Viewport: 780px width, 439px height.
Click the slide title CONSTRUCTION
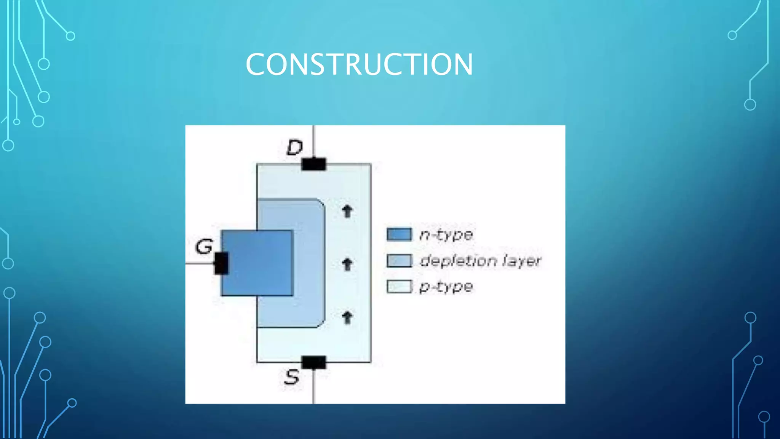tap(359, 64)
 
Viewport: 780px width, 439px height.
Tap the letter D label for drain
tap(294, 147)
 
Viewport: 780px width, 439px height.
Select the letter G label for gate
tap(204, 247)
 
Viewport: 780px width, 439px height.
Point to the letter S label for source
tap(292, 377)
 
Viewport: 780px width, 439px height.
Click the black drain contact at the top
tap(313, 164)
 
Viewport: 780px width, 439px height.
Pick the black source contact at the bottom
tap(313, 362)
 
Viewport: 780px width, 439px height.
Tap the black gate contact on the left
tap(221, 263)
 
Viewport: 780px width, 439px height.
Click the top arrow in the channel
tap(347, 211)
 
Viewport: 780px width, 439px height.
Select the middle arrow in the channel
tap(347, 264)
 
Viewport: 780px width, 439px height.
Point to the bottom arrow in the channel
tap(347, 317)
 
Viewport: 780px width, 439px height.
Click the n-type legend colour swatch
tap(399, 234)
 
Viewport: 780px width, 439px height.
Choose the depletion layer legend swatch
tap(399, 261)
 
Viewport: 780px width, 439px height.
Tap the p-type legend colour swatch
tap(399, 287)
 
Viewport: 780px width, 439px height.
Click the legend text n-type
tap(446, 235)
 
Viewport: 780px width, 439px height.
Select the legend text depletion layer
tap(480, 261)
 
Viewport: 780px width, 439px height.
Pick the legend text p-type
tap(446, 287)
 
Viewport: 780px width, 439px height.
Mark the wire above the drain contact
tap(313, 141)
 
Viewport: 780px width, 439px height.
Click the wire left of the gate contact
tap(199, 263)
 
